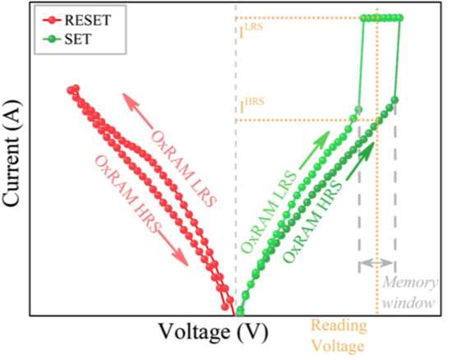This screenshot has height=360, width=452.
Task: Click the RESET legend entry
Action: (x=77, y=21)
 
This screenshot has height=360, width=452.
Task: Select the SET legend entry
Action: (x=67, y=39)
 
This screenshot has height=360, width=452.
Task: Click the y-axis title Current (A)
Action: (x=12, y=154)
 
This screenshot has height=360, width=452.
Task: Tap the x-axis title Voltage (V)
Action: (x=214, y=332)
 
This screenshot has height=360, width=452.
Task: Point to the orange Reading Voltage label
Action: (x=339, y=336)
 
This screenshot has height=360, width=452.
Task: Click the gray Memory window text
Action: (x=409, y=293)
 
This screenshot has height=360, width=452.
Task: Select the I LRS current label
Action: (x=251, y=31)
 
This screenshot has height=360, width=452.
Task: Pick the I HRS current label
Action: (x=251, y=106)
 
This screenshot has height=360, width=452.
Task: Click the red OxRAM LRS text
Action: (x=183, y=168)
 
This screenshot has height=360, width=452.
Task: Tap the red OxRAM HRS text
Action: (x=127, y=194)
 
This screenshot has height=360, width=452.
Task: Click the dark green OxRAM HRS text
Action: (x=313, y=221)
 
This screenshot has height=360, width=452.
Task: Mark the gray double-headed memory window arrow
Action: (x=376, y=262)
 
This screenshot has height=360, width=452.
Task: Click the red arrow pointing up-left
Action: (x=137, y=110)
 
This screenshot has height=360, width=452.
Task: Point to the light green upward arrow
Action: (x=314, y=150)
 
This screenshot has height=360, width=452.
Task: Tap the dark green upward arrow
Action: (x=360, y=160)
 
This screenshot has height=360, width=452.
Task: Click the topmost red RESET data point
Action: (x=76, y=88)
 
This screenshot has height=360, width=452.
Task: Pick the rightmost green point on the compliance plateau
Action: (x=399, y=18)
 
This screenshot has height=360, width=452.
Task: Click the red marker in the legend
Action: (x=52, y=21)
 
